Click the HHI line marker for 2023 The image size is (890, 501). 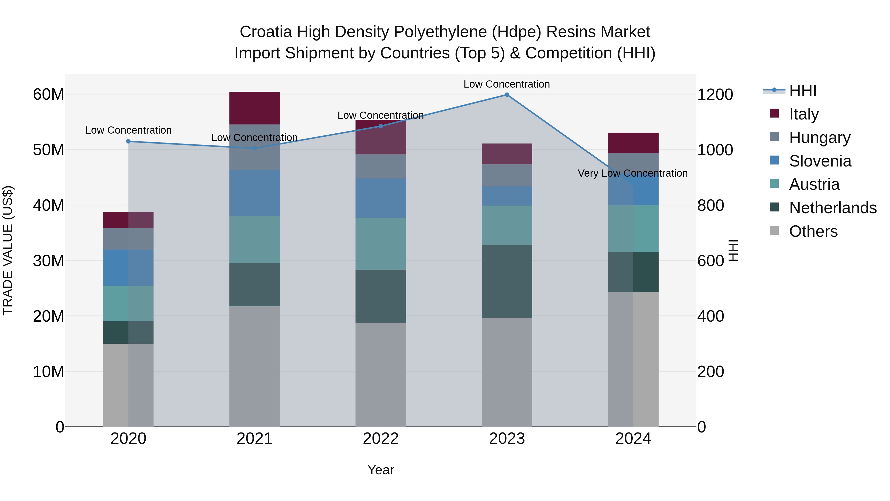coord(507,95)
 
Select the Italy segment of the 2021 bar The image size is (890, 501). coord(254,108)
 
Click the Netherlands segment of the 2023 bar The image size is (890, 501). coord(507,282)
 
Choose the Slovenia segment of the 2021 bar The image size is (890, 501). coord(254,193)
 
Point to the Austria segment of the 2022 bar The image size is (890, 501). coord(381,243)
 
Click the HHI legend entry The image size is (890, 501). coord(802,91)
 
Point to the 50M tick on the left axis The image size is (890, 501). coord(48,150)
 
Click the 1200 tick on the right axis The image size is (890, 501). coord(715,95)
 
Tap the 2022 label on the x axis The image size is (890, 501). coord(381,439)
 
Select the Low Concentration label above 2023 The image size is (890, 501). coord(507,84)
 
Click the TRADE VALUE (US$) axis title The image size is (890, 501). coord(8,250)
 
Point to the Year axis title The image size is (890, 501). coord(381,470)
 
